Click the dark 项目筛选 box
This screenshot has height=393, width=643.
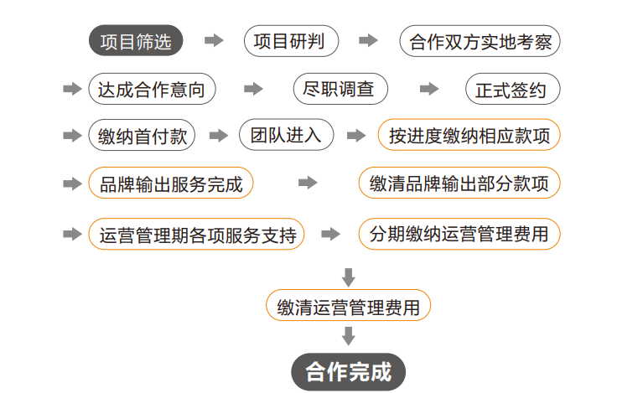coord(135,41)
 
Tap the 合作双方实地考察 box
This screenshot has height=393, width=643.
coord(480,41)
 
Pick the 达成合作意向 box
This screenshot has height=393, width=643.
coord(151,89)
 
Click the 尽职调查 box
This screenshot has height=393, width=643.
coord(340,89)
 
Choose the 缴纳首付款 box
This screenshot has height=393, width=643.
coord(142,136)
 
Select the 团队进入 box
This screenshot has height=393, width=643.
coord(286,135)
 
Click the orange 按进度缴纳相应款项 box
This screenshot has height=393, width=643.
coord(469,136)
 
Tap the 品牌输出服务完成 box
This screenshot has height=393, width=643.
coord(170,184)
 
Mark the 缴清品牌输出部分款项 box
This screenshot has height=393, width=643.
coord(459,184)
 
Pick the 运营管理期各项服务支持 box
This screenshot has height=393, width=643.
coord(196,234)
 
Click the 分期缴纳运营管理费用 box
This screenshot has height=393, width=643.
coord(459,234)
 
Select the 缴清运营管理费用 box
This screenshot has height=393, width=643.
coord(348,305)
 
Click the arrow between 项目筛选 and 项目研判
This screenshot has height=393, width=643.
coord(215,40)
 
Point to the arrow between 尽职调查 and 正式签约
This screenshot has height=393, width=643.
coord(429,89)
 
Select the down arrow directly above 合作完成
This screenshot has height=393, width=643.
coord(349,336)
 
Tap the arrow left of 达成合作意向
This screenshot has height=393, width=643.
coord(73,89)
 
